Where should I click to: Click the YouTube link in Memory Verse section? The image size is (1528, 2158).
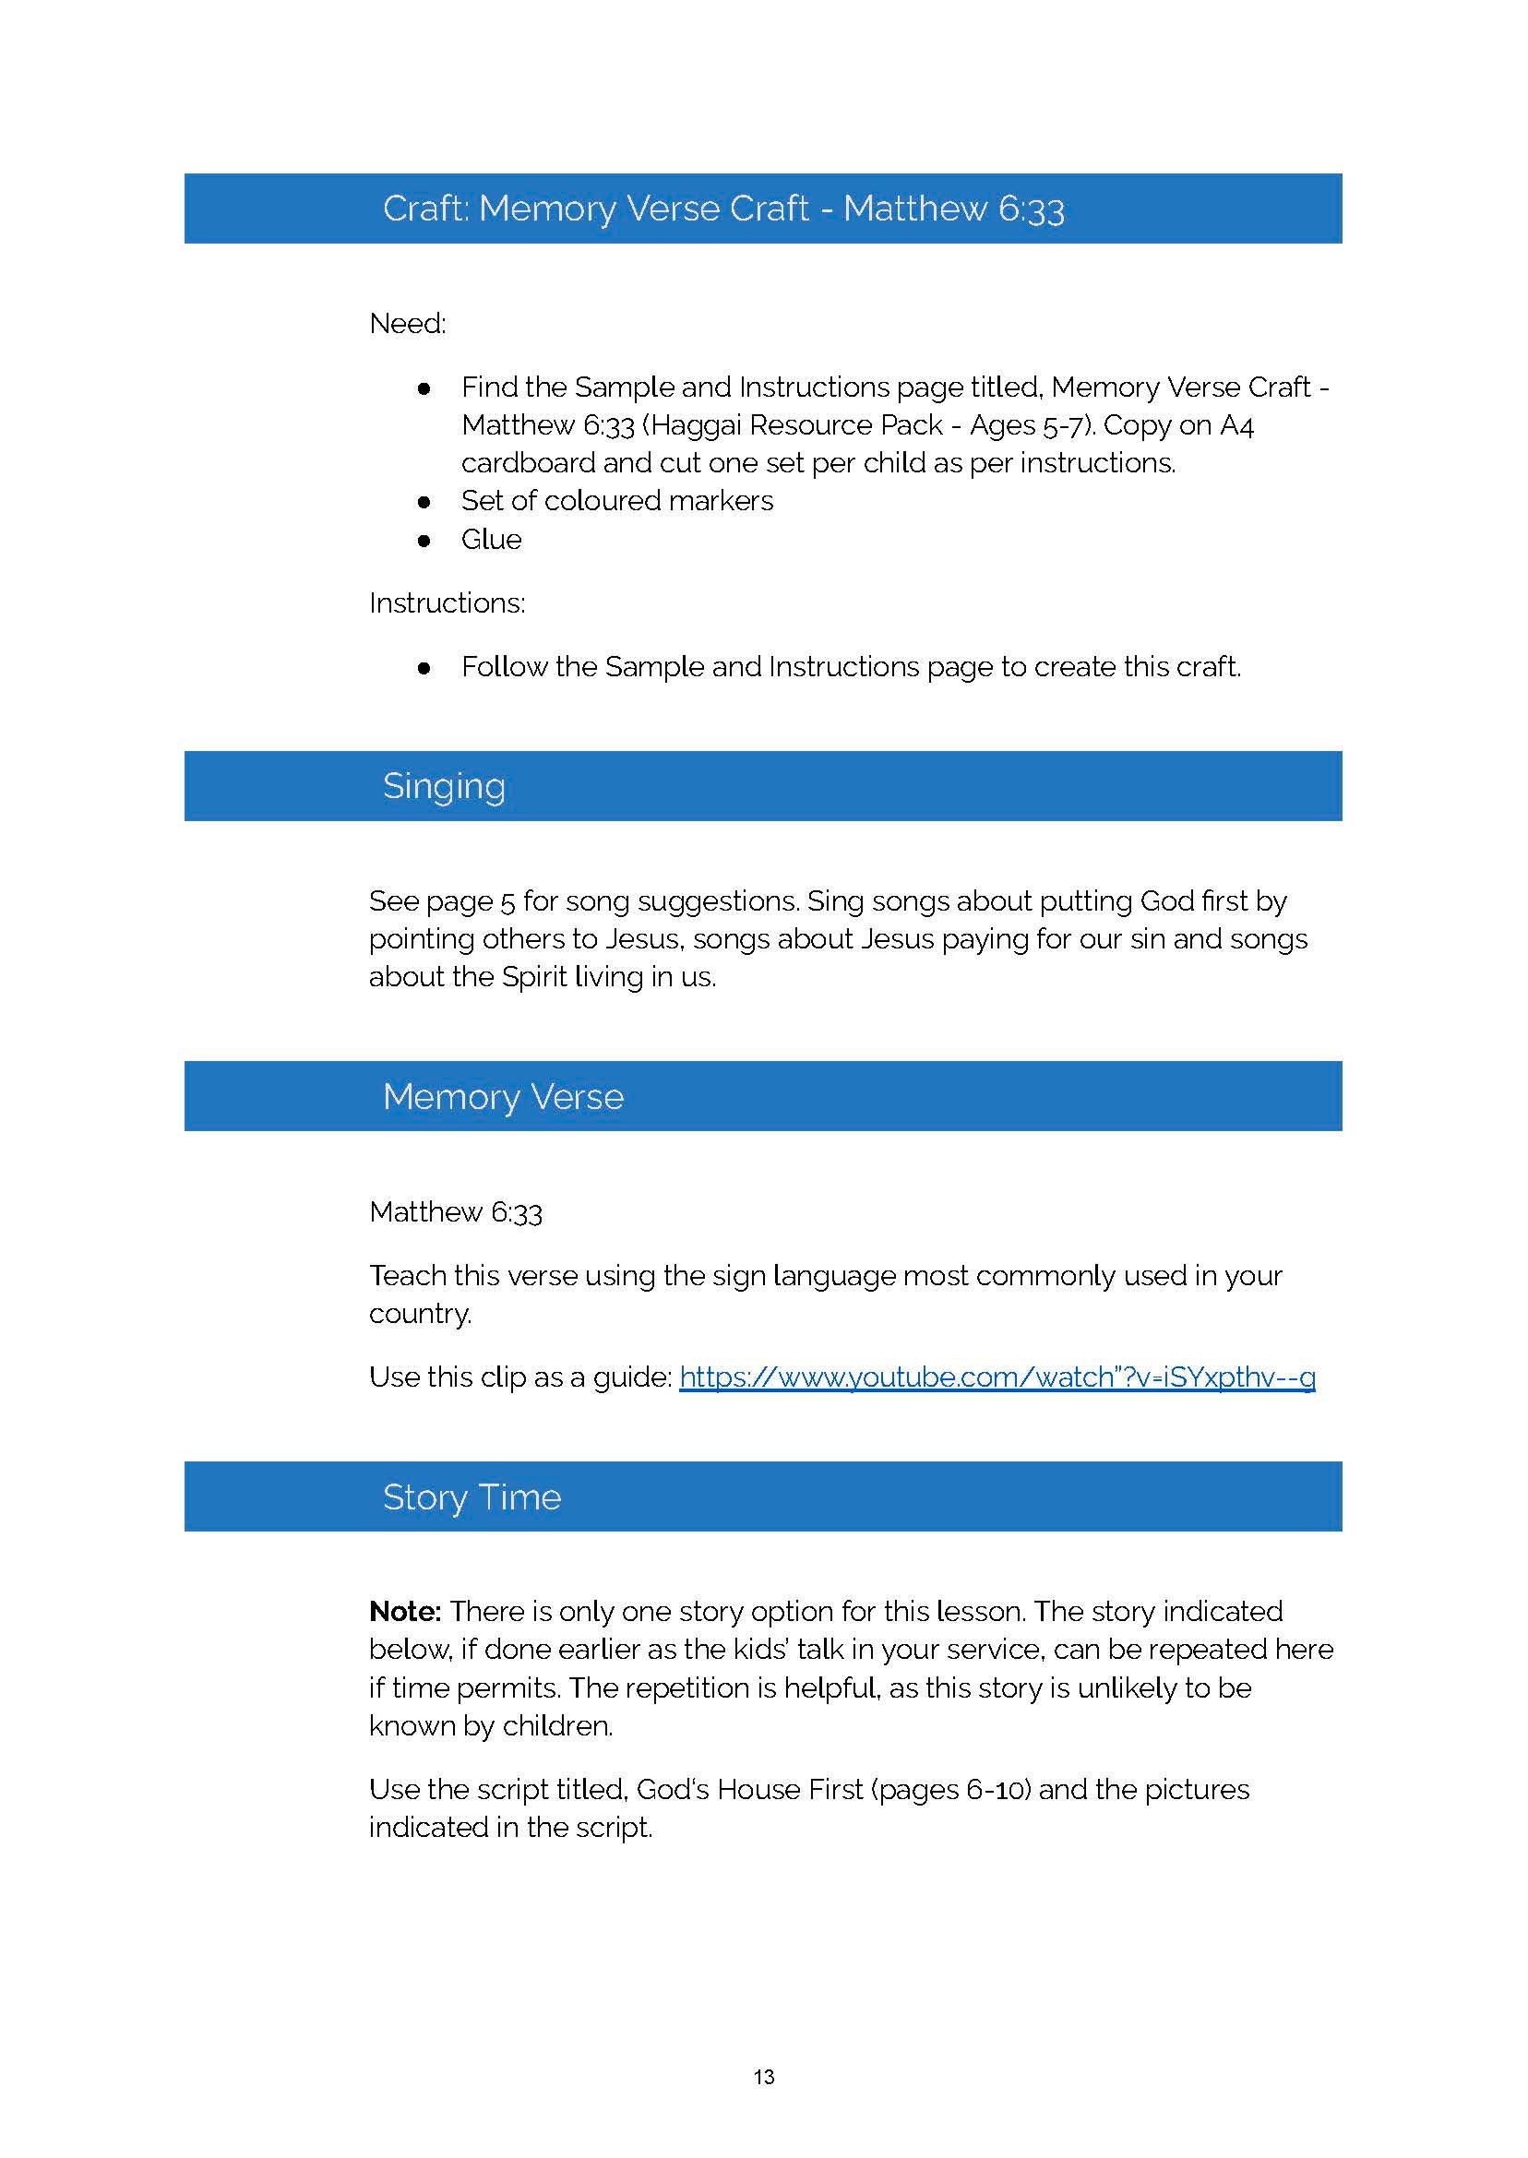(x=997, y=1377)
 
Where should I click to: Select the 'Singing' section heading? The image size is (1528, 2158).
(x=443, y=786)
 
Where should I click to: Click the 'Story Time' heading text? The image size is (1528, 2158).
(x=472, y=1497)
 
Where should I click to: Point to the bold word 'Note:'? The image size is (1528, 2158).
(x=404, y=1612)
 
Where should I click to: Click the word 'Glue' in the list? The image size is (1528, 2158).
(x=490, y=540)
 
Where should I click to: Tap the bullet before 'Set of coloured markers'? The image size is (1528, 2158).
(x=424, y=502)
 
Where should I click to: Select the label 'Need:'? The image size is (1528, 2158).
(x=408, y=324)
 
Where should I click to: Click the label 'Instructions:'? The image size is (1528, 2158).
(x=447, y=603)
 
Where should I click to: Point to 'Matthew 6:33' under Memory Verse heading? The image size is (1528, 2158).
(x=456, y=1212)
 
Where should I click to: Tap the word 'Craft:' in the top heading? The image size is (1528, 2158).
(x=425, y=209)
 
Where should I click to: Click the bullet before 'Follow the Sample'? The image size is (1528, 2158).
(x=424, y=668)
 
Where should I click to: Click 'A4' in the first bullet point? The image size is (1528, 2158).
(x=1236, y=425)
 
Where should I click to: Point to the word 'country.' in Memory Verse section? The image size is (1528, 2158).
(x=420, y=1314)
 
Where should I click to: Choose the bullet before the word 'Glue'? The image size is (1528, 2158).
(x=424, y=541)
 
